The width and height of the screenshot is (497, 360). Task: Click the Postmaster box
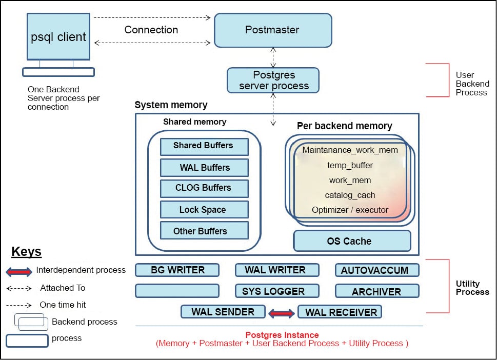(272, 30)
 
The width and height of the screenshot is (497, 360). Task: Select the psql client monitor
(58, 37)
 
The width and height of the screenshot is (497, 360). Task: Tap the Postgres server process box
(273, 81)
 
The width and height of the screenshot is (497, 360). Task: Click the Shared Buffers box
(204, 146)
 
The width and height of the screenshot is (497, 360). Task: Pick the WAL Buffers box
(204, 168)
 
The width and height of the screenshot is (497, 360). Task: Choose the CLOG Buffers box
(204, 188)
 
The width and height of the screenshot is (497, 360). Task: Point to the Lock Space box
(204, 210)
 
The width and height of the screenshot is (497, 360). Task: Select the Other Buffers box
(204, 231)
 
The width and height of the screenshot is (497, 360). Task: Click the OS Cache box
(351, 241)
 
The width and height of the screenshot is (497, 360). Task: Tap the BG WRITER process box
(177, 270)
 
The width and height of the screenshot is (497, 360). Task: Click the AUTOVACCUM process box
(377, 270)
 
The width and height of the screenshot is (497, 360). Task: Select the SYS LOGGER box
(277, 291)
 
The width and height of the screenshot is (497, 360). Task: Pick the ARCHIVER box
(377, 291)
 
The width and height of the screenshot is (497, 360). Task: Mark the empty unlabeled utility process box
(177, 291)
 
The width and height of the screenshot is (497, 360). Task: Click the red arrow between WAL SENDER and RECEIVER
(281, 312)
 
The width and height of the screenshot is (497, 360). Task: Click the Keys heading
(26, 252)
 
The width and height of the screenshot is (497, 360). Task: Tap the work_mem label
(350, 181)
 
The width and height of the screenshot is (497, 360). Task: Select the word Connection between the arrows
(151, 30)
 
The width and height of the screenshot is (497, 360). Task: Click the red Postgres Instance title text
(282, 335)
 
